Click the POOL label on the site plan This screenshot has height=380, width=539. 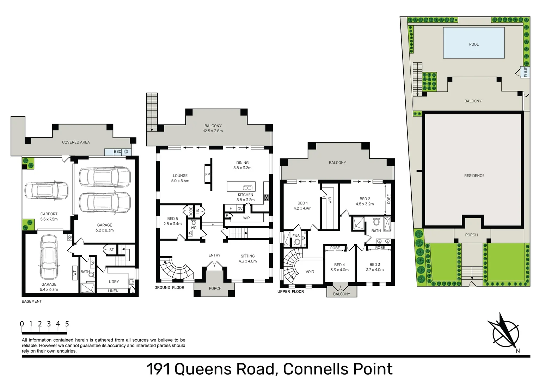point(473,44)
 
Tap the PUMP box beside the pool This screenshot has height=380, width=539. point(525,72)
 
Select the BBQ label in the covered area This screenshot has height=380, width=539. point(118,152)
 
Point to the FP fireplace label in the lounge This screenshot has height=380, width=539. point(207,175)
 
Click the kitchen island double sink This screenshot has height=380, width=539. point(247,188)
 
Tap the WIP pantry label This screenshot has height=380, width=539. point(246,218)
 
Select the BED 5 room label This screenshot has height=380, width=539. point(172,218)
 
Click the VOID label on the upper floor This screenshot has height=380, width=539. point(310,272)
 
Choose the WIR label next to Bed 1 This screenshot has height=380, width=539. point(330,200)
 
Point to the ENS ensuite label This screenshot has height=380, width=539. point(296,236)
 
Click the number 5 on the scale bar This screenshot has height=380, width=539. point(67,324)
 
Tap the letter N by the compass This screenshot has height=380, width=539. point(517,351)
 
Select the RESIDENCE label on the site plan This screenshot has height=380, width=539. point(474,176)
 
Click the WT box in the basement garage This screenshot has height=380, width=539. point(75,273)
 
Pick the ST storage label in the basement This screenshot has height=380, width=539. point(111,250)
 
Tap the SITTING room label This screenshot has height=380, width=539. point(247,256)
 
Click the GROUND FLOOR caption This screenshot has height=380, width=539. point(169,287)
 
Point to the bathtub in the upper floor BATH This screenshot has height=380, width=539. point(387,224)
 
